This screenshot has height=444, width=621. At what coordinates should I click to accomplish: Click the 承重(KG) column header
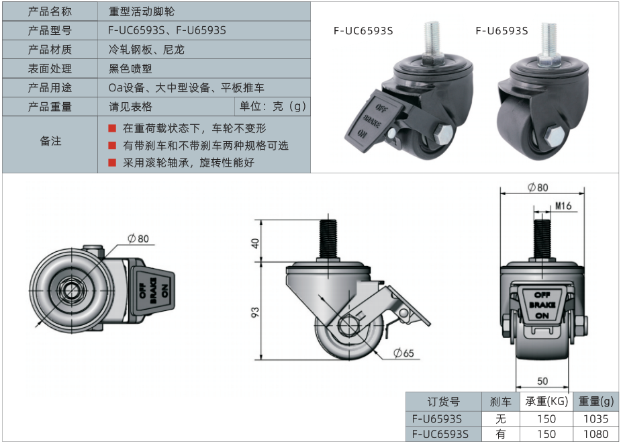pos(546,402)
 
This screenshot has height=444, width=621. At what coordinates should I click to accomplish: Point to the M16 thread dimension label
pos(563,206)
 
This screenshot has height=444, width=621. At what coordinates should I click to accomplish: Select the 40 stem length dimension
pos(255,242)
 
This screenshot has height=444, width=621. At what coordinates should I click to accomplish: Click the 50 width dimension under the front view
pos(542,381)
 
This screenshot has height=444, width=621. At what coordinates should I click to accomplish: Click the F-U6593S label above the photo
pos(501,30)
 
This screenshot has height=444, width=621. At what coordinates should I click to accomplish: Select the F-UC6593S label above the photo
pos(363,30)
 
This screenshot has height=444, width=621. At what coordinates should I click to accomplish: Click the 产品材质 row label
pos(50,49)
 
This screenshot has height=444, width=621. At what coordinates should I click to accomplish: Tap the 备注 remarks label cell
pos(50,141)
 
